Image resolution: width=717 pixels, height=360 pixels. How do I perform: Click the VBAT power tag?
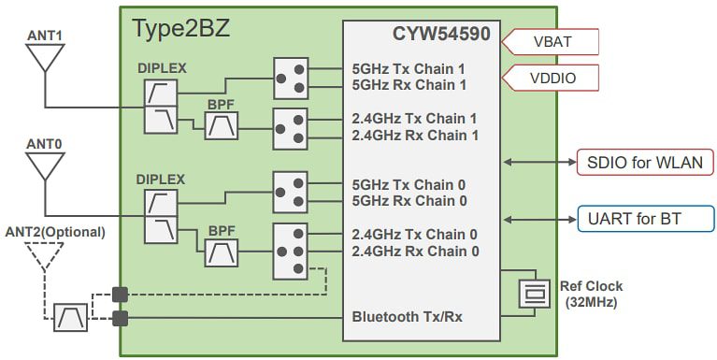coord(551,42)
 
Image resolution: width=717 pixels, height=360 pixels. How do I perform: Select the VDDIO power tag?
coord(551,78)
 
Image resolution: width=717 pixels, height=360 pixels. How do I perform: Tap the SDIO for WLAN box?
coord(644,162)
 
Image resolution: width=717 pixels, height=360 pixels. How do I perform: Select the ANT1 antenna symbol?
coord(43,58)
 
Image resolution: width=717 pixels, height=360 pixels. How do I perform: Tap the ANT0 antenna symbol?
coord(43,166)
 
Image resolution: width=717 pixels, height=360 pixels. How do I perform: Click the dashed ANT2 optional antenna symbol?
coord(43,255)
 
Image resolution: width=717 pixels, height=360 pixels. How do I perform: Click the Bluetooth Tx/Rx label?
coord(407,317)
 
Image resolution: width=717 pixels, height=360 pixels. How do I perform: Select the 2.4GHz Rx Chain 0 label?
coord(415,251)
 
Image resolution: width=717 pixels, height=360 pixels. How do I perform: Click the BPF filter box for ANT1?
coord(222,125)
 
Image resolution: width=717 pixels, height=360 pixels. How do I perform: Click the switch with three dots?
coord(290,251)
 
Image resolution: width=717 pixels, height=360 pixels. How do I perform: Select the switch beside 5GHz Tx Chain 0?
coord(290,192)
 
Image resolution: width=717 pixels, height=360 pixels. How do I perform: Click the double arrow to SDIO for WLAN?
coord(538,162)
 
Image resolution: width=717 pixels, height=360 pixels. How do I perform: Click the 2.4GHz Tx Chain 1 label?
coord(415,118)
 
